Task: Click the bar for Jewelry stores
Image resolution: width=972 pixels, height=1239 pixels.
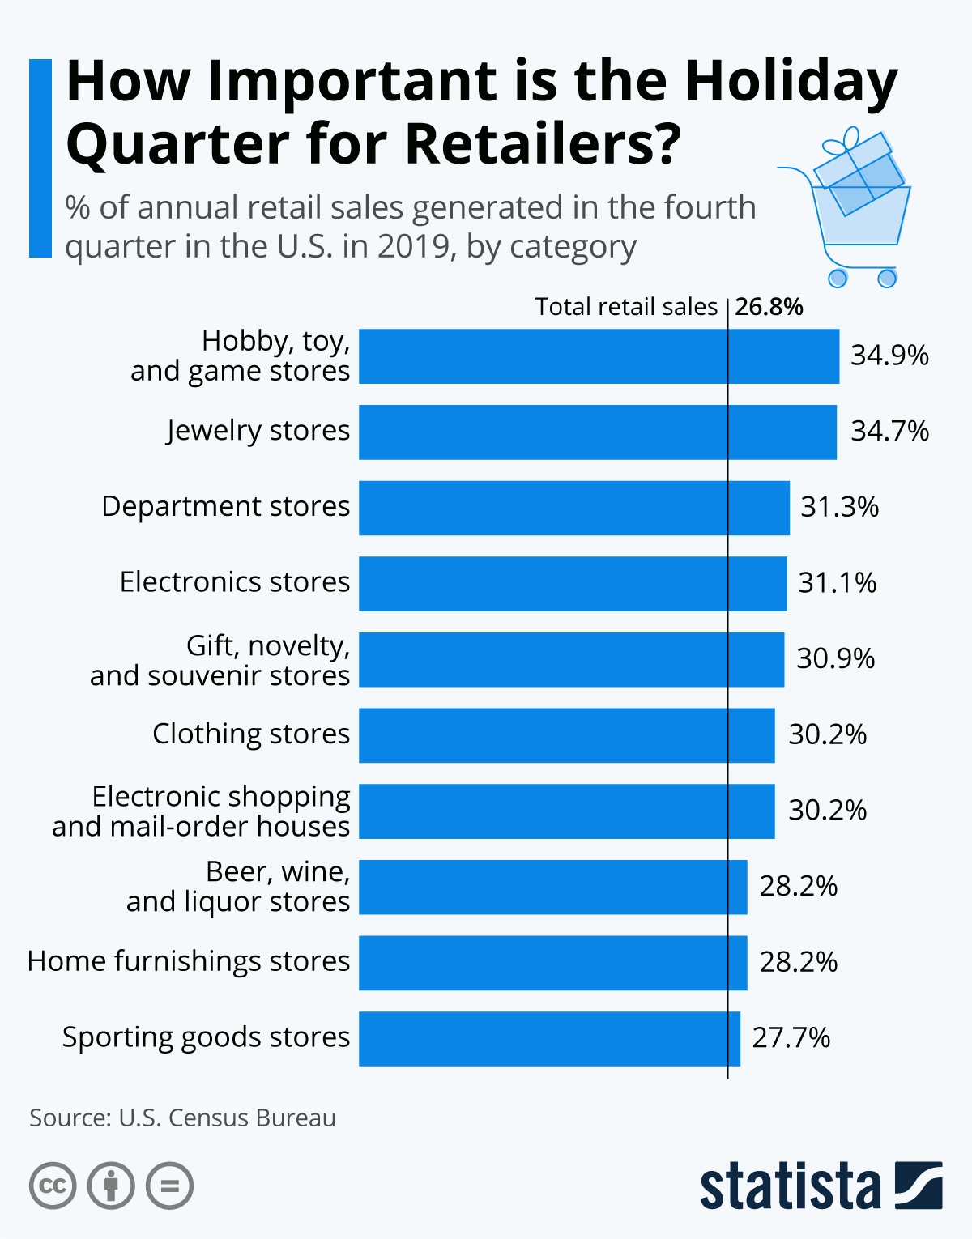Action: [598, 432]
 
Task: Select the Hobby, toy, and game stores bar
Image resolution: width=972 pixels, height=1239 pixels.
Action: [599, 356]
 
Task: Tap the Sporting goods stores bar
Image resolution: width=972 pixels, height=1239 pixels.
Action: [549, 1038]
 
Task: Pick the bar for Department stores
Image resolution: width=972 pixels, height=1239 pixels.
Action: [574, 508]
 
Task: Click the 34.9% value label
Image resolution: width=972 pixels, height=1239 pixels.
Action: [889, 356]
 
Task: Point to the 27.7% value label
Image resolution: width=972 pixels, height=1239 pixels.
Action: [791, 1037]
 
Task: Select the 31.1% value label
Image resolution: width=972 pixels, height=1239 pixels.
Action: [838, 583]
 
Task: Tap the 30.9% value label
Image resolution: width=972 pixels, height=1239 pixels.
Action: [836, 658]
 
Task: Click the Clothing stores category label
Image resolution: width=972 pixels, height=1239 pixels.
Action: [251, 734]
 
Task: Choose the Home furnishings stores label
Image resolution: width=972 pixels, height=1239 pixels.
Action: [189, 961]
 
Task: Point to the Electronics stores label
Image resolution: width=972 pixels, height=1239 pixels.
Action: [235, 582]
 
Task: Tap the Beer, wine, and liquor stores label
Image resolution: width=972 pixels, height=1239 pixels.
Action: [238, 887]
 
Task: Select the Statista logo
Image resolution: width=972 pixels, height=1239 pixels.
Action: [821, 1186]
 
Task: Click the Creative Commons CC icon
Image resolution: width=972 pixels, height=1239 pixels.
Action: [53, 1186]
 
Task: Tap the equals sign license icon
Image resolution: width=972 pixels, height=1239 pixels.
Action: [169, 1186]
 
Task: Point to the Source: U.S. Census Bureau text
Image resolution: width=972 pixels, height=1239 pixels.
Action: [182, 1118]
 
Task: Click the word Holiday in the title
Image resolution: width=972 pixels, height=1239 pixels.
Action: [791, 83]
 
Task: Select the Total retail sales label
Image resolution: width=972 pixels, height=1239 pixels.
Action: [626, 307]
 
